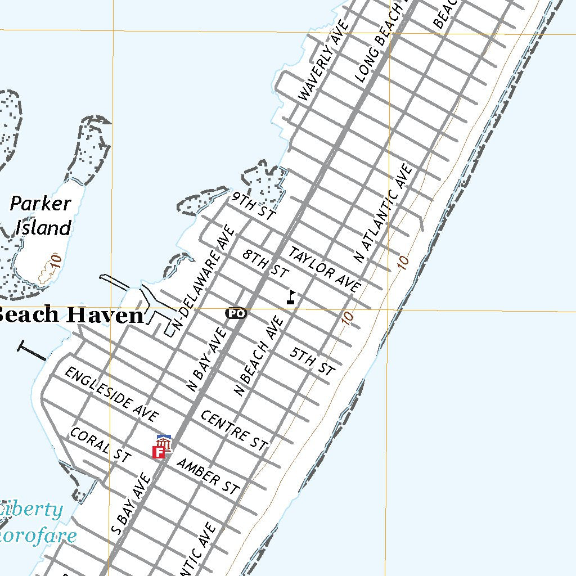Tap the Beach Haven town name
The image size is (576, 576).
click(x=70, y=315)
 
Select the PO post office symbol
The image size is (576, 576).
click(x=236, y=313)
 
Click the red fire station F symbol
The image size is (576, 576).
click(x=160, y=451)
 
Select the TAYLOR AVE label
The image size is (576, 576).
click(x=324, y=269)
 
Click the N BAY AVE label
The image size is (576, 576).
click(x=207, y=359)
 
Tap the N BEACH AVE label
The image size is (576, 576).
click(x=258, y=355)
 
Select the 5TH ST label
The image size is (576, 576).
click(x=312, y=361)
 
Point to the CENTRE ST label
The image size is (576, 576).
click(x=233, y=430)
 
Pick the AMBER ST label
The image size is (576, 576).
click(x=208, y=476)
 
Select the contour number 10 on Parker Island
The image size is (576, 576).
click(x=55, y=260)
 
